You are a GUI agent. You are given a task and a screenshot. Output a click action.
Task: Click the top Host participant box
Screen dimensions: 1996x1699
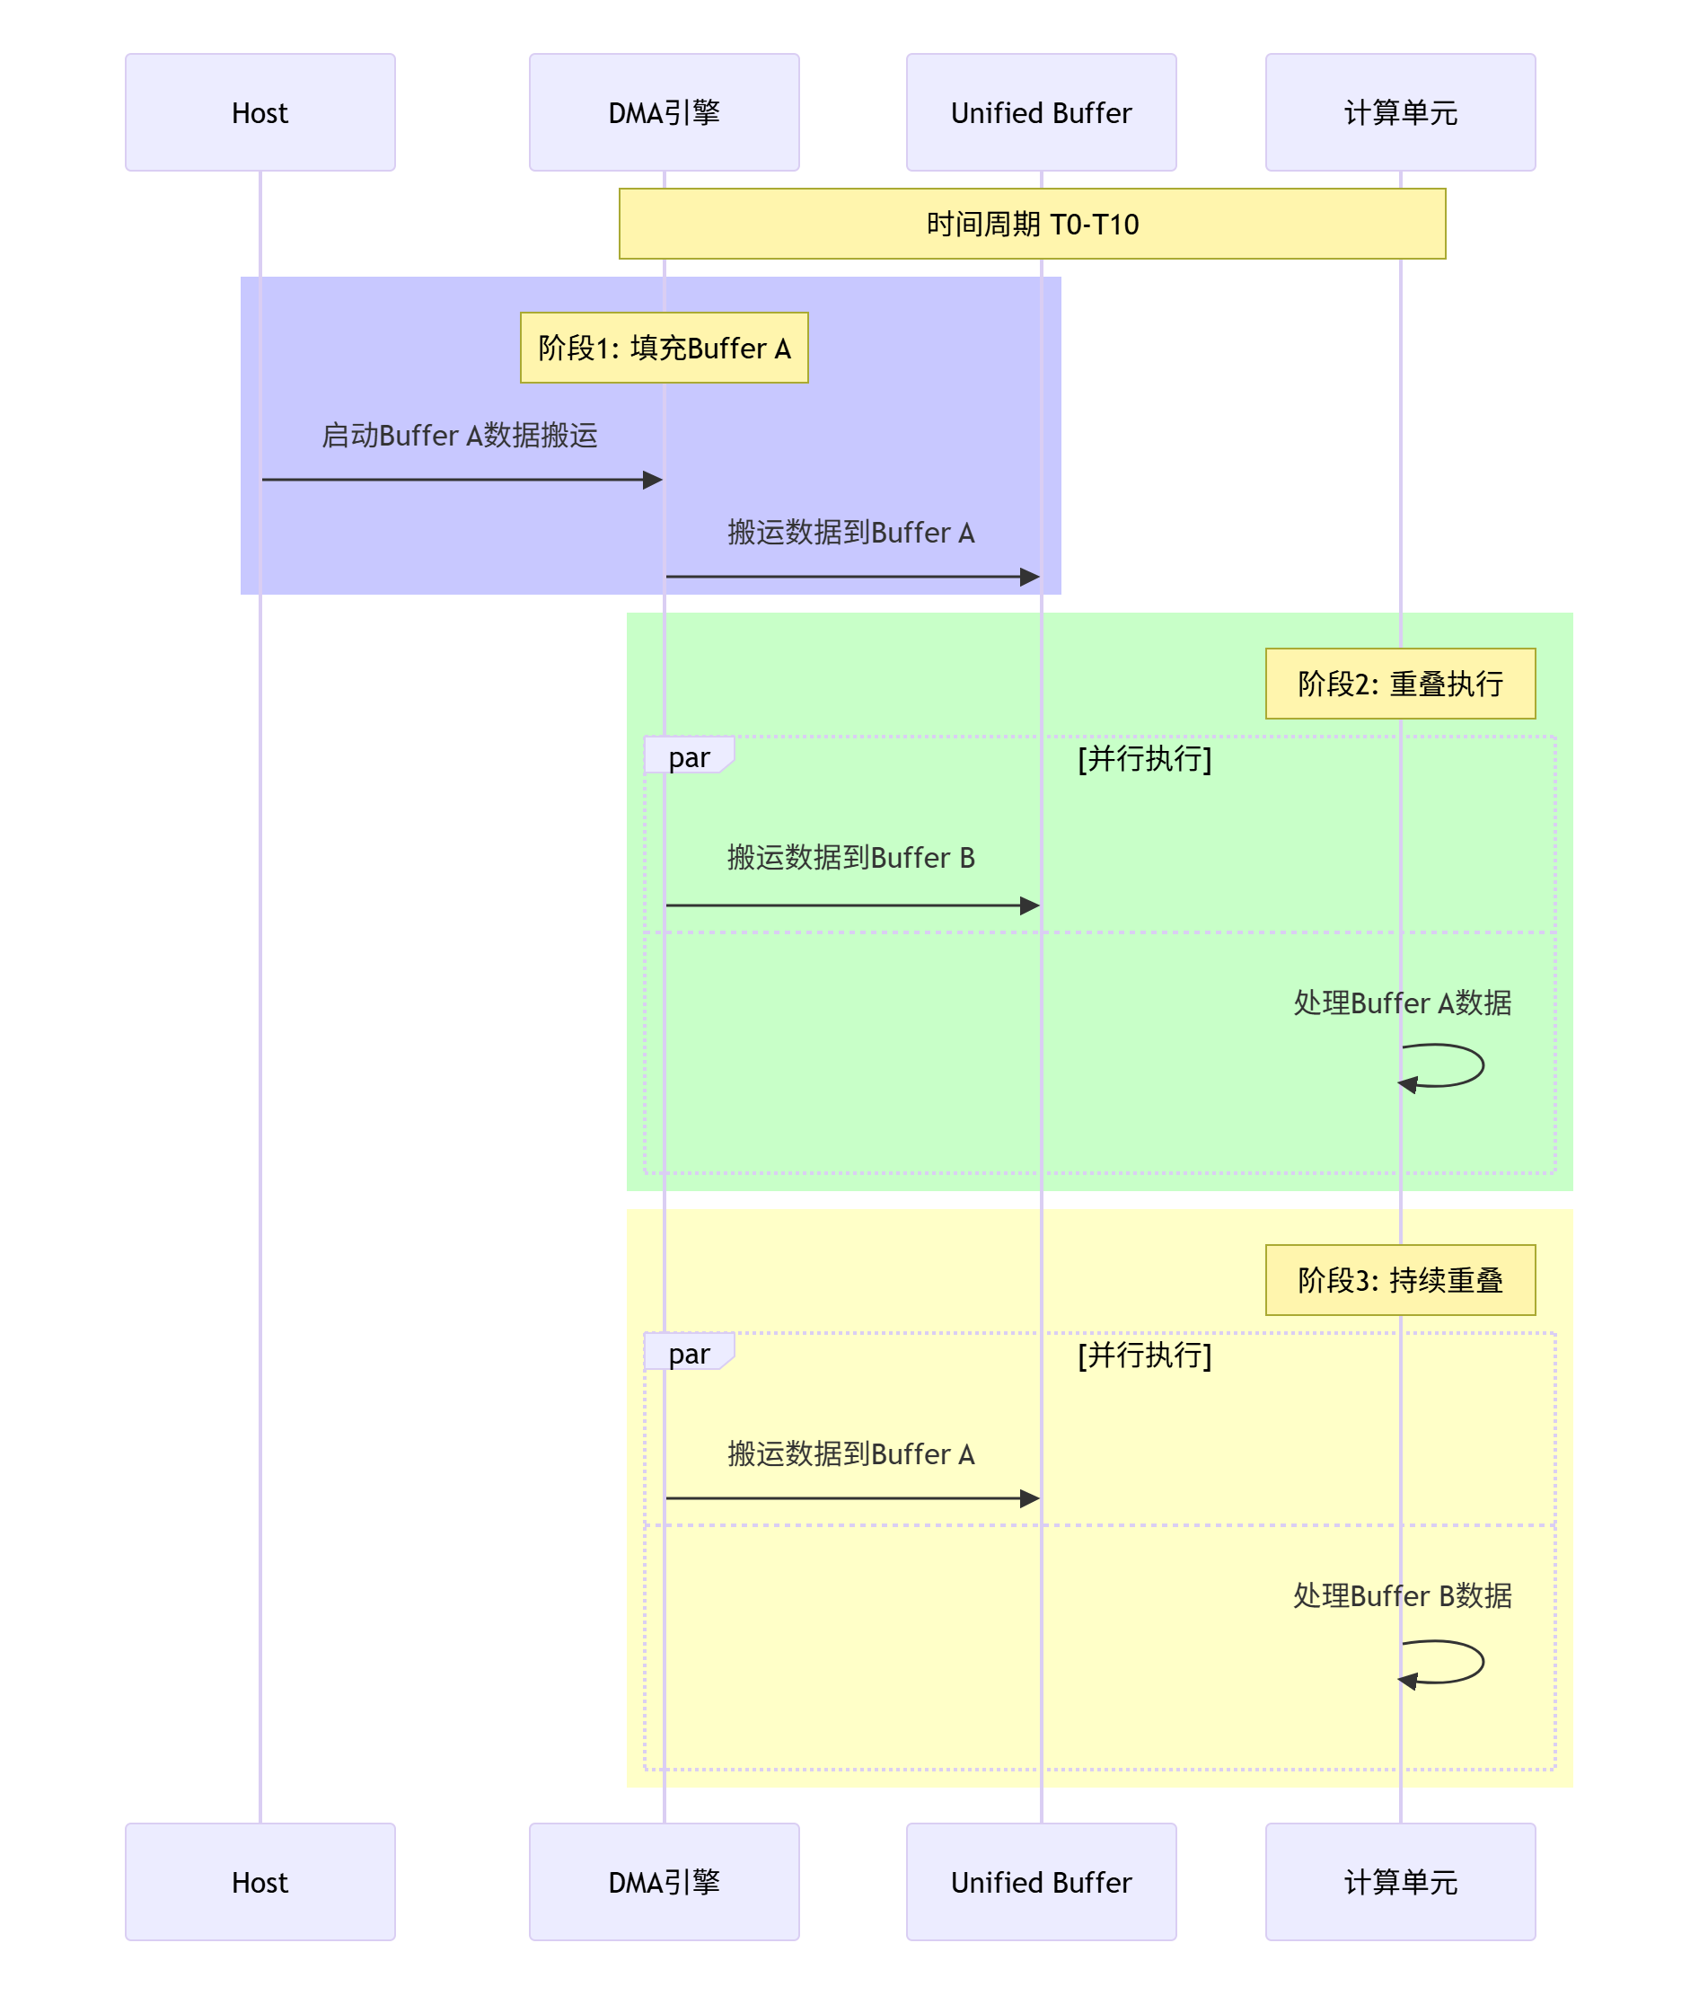(260, 112)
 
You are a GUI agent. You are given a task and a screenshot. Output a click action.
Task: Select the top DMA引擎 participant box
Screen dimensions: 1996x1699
(664, 112)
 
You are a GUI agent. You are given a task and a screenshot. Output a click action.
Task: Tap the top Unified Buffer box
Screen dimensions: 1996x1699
(1040, 112)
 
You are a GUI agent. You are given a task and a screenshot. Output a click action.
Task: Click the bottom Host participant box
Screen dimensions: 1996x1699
(260, 1881)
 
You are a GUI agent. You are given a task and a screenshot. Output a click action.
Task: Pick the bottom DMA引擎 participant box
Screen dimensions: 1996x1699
(664, 1881)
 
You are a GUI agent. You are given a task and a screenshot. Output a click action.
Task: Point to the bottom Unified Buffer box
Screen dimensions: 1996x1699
(1040, 1881)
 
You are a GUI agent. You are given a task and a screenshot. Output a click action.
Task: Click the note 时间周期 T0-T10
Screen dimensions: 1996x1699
(1032, 224)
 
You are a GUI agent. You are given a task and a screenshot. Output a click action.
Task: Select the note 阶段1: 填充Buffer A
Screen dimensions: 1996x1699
(664, 348)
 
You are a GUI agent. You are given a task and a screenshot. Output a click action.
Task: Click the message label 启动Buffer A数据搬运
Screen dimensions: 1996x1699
(460, 436)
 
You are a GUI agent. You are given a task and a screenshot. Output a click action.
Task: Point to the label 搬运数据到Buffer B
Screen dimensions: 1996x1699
(850, 857)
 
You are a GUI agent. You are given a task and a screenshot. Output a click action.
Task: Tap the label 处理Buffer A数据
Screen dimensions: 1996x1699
(1402, 1002)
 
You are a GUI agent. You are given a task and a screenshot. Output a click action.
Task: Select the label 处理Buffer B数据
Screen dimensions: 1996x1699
(1402, 1596)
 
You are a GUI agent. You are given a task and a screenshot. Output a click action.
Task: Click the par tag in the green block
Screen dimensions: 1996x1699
(689, 757)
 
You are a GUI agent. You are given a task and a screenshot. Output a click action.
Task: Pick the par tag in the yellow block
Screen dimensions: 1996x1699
(689, 1354)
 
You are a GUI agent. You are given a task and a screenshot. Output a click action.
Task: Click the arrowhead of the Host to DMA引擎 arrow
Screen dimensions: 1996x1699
(653, 480)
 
